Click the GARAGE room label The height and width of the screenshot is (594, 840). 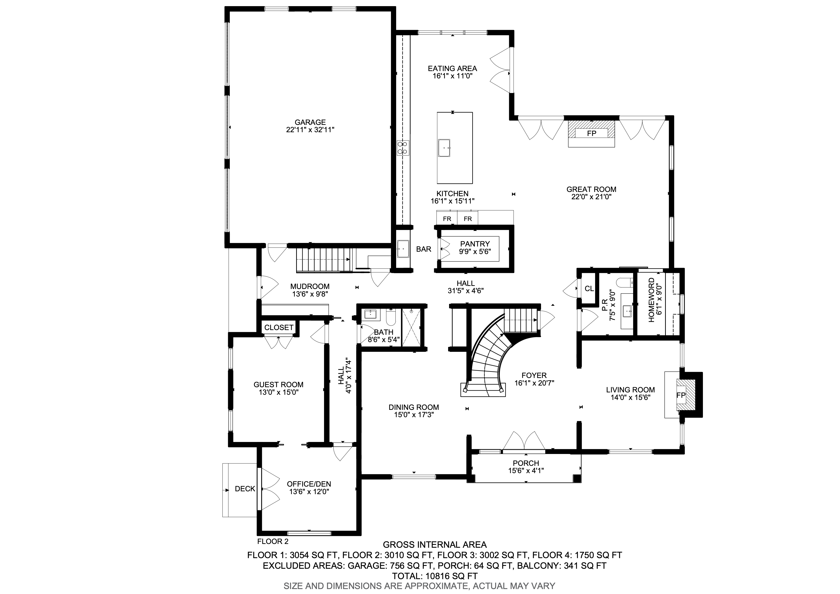click(x=310, y=122)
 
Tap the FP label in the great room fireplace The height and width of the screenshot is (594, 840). click(x=591, y=133)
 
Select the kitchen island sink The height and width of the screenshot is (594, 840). click(x=444, y=148)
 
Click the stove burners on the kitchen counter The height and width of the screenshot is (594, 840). click(x=403, y=148)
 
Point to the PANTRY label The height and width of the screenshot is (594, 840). click(x=475, y=244)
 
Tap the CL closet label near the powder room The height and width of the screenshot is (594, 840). click(x=589, y=289)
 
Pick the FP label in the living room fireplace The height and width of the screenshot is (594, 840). click(x=681, y=395)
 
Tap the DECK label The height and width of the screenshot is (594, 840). click(x=245, y=489)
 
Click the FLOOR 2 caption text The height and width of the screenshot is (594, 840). click(x=273, y=541)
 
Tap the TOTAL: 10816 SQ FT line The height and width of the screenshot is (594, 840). click(x=435, y=576)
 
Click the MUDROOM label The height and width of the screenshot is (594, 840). click(x=310, y=286)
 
